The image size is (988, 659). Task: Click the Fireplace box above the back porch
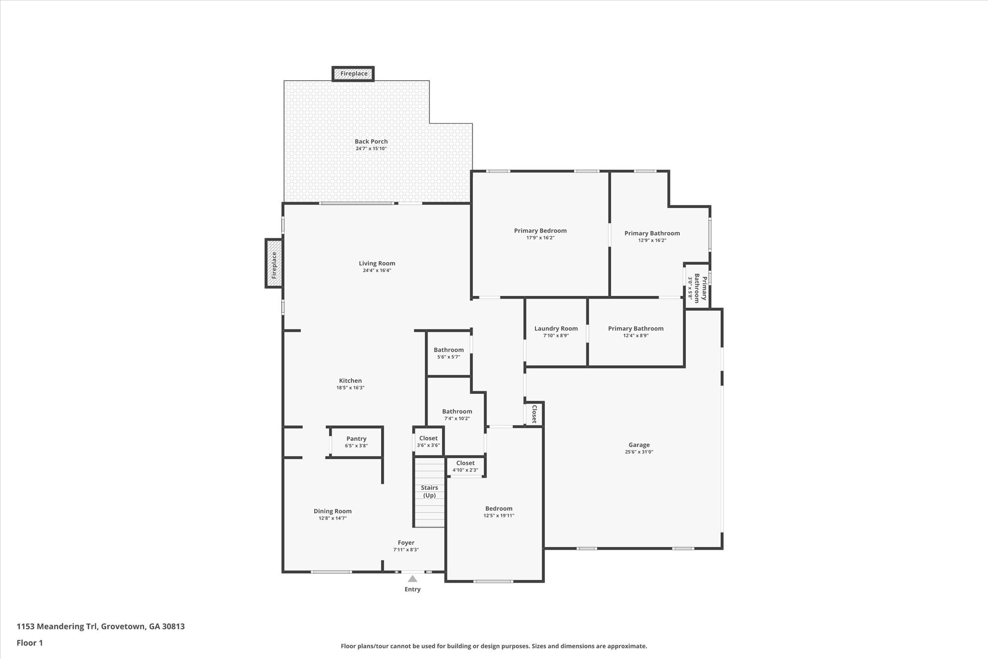pyautogui.click(x=353, y=74)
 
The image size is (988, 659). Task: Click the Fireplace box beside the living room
pyautogui.click(x=274, y=264)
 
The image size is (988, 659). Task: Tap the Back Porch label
pyautogui.click(x=371, y=141)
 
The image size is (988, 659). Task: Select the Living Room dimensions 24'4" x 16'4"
pyautogui.click(x=377, y=270)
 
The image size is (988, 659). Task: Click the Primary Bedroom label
pyautogui.click(x=540, y=231)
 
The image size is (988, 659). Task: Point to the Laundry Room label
pyautogui.click(x=556, y=329)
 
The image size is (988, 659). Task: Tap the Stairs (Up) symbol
pyautogui.click(x=429, y=492)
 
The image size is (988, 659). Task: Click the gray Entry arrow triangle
pyautogui.click(x=412, y=578)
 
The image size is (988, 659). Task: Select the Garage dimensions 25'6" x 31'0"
pyautogui.click(x=639, y=452)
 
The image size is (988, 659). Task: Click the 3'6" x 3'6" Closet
pyautogui.click(x=428, y=441)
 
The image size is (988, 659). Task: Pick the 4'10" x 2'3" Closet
pyautogui.click(x=465, y=466)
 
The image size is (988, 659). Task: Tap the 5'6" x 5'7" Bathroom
pyautogui.click(x=448, y=353)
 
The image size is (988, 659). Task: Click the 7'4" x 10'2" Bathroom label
pyautogui.click(x=457, y=411)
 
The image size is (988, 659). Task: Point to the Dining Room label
pyautogui.click(x=332, y=511)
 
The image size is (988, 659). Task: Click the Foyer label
pyautogui.click(x=406, y=543)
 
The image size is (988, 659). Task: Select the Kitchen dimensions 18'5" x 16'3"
pyautogui.click(x=350, y=388)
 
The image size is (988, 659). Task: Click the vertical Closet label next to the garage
pyautogui.click(x=534, y=414)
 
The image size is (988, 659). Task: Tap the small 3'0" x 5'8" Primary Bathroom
pyautogui.click(x=697, y=289)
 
